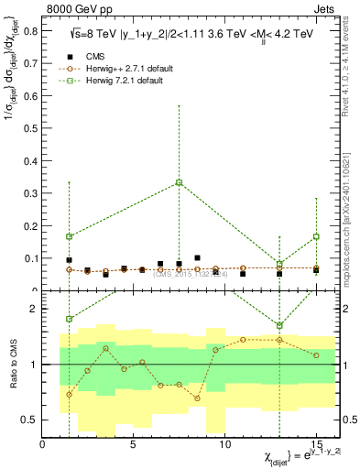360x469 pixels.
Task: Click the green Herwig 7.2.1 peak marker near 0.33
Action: (x=179, y=182)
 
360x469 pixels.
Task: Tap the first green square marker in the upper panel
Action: (x=69, y=236)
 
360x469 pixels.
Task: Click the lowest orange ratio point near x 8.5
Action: (x=197, y=398)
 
